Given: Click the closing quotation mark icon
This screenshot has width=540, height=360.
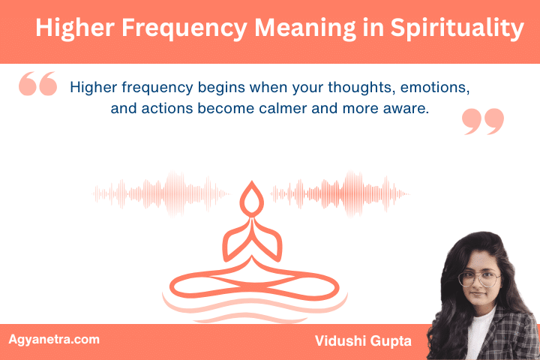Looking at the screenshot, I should [x=483, y=121].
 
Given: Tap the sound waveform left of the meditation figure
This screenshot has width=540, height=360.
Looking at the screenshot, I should [x=161, y=194].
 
